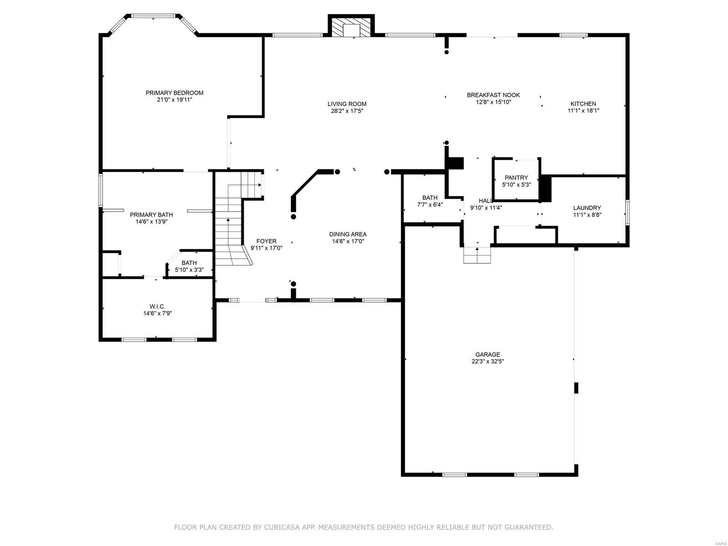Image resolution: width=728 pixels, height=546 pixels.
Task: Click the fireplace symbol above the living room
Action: (x=351, y=26)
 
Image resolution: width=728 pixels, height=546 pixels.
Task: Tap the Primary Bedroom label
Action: (x=174, y=93)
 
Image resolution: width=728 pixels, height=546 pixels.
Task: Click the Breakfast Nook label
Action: (x=493, y=95)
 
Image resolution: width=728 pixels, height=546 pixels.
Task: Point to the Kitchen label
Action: (x=583, y=104)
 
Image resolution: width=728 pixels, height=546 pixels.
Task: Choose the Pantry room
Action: (x=516, y=181)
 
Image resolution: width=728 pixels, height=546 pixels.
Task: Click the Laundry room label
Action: (x=587, y=208)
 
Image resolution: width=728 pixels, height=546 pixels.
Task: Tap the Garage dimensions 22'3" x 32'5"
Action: (x=487, y=362)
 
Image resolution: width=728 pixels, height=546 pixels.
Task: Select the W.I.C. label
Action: (x=157, y=306)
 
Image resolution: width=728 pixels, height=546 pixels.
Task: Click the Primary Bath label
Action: (x=151, y=215)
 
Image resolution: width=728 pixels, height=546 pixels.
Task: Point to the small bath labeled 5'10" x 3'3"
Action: (x=189, y=266)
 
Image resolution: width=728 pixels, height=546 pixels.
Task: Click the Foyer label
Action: (x=266, y=241)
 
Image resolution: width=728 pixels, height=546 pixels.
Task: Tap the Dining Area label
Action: (x=348, y=235)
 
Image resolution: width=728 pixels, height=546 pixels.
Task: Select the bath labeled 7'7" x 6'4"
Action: (x=430, y=201)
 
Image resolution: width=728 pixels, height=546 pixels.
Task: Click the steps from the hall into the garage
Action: (x=477, y=255)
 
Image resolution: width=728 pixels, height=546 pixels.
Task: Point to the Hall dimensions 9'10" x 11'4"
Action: (x=486, y=208)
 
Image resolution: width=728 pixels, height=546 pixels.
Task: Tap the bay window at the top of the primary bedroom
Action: (x=153, y=17)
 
